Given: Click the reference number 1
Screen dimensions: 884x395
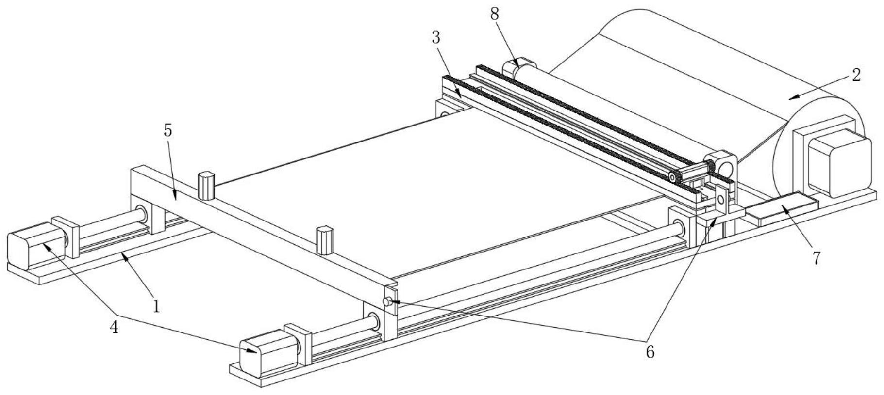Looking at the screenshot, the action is pos(156,306).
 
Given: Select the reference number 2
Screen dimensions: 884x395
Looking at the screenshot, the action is pos(856,75).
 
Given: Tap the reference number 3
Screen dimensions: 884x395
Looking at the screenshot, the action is pos(436,37).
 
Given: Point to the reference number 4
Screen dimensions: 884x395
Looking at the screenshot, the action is pos(115,328).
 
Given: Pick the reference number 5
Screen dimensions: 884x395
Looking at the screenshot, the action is pos(167,131).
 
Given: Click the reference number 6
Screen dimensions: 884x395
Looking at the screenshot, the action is pos(650,352).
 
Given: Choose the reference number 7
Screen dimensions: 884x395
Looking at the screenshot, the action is pos(816,258).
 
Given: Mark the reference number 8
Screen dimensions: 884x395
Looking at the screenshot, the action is pos(494,14).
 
